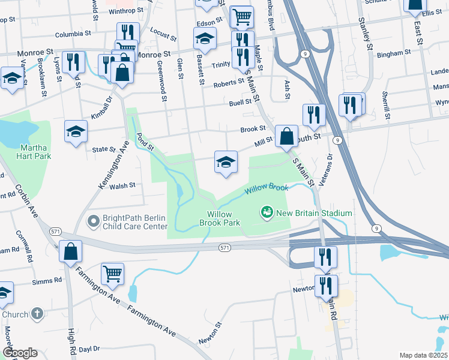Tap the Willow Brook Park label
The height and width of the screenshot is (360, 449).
223,218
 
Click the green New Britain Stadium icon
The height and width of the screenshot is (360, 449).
265,212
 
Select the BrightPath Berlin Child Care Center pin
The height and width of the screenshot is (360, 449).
93,222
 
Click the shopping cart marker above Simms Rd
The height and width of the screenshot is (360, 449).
112,275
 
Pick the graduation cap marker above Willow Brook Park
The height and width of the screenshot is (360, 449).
226,163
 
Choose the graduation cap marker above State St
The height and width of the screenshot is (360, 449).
76,132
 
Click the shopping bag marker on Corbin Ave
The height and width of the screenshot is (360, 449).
70,252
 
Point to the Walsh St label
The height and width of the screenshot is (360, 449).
123,187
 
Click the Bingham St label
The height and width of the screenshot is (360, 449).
395,52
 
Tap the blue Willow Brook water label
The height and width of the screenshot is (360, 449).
266,190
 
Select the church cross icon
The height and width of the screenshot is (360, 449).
37,313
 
